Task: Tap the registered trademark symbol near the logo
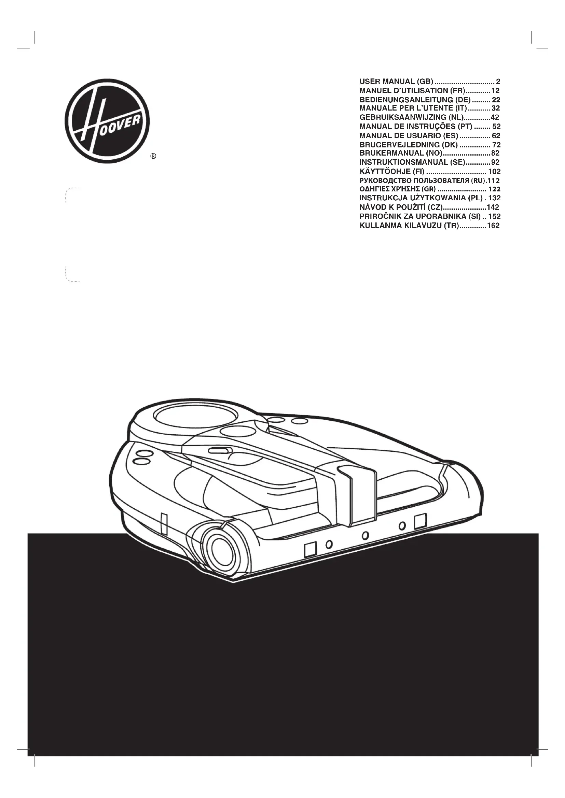coord(153,156)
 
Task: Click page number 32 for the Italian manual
coord(496,108)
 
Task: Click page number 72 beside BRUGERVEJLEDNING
coord(496,145)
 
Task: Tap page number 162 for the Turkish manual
coord(493,226)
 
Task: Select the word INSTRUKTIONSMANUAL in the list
coord(403,162)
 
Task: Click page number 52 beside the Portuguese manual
coord(496,126)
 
